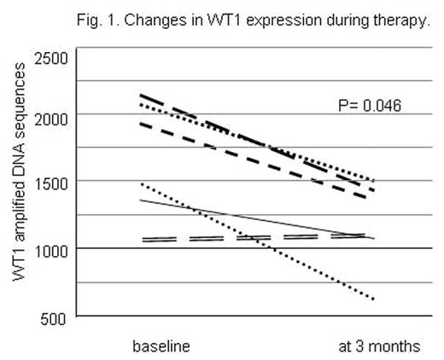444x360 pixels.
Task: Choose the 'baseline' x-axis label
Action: [161, 345]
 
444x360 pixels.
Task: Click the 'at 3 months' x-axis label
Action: [377, 345]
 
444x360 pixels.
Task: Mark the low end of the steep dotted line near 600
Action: [372, 299]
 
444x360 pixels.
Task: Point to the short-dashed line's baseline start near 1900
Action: [142, 124]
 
